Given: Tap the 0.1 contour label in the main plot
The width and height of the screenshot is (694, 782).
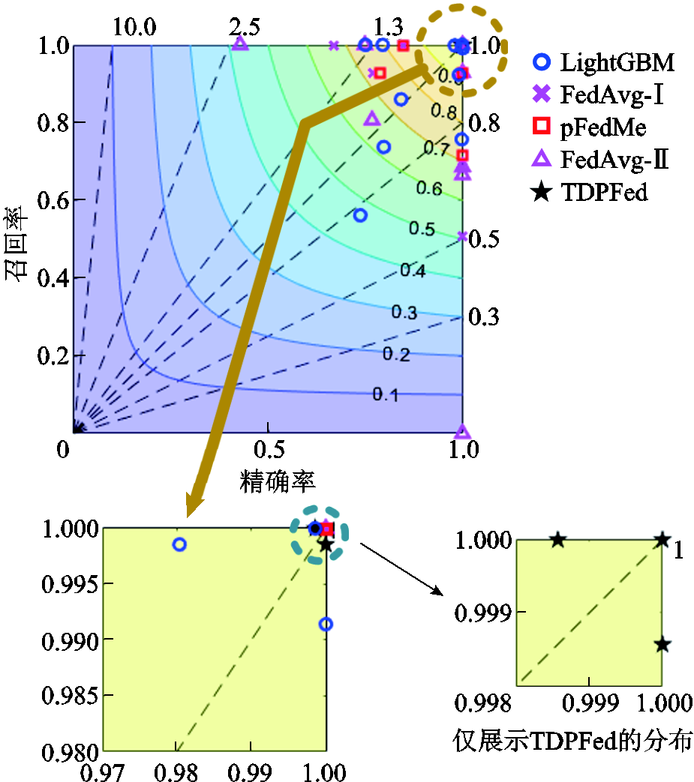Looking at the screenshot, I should pyautogui.click(x=385, y=394).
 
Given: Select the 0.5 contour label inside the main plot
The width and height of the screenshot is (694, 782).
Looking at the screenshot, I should pyautogui.click(x=422, y=229).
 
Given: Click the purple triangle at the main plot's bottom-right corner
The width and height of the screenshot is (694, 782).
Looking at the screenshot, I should pyautogui.click(x=462, y=432).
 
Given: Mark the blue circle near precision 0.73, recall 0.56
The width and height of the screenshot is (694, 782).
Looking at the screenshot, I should pyautogui.click(x=360, y=215).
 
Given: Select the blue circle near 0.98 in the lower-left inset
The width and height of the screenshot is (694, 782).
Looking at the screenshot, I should pyautogui.click(x=179, y=544).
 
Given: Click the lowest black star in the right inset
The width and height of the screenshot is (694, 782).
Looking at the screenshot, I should pyautogui.click(x=662, y=644).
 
